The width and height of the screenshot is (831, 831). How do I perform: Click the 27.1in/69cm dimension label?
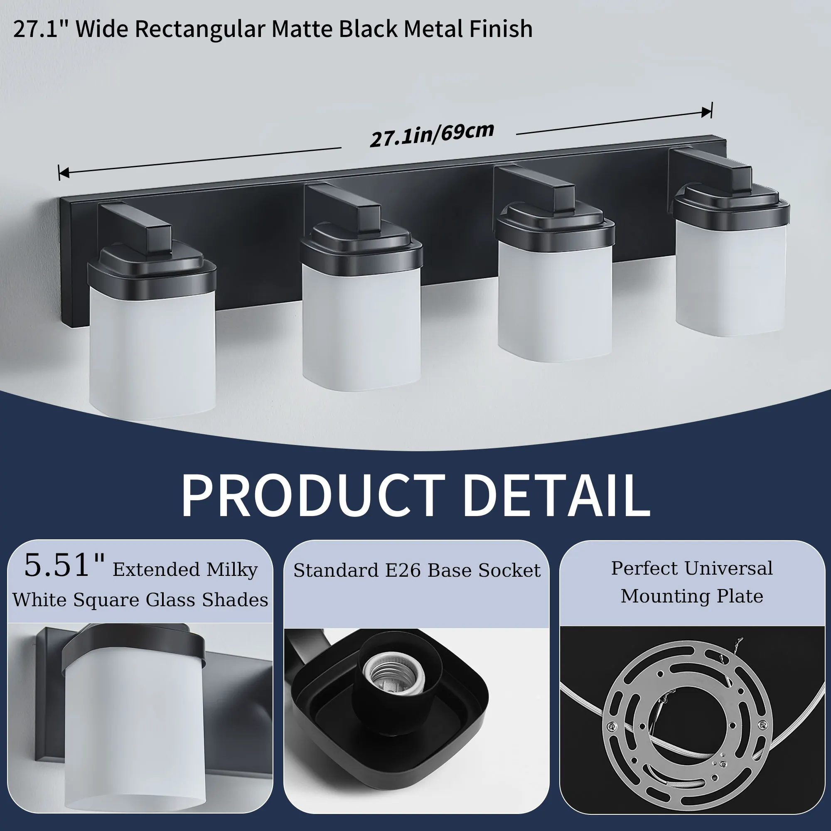[x=432, y=135]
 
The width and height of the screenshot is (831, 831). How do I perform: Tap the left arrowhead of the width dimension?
[x=63, y=173]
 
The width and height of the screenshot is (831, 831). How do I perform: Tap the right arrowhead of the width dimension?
[x=707, y=112]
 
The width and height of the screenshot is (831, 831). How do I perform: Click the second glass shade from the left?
[x=361, y=327]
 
